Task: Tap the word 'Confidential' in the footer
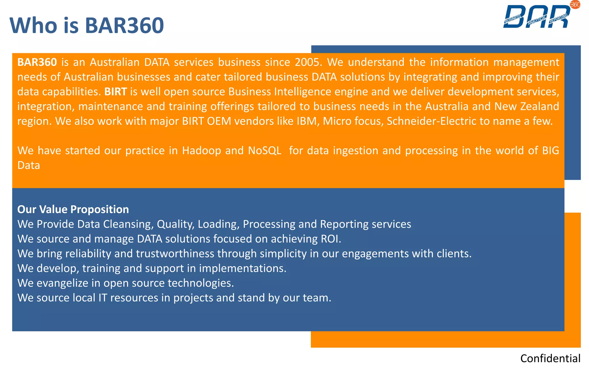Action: point(550,359)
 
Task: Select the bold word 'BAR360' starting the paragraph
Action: point(37,62)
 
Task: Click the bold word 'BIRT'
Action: point(116,91)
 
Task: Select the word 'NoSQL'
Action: point(265,151)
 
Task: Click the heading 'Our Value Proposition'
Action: point(73,209)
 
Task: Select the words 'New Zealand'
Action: point(527,106)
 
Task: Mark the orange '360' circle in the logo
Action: point(575,5)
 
